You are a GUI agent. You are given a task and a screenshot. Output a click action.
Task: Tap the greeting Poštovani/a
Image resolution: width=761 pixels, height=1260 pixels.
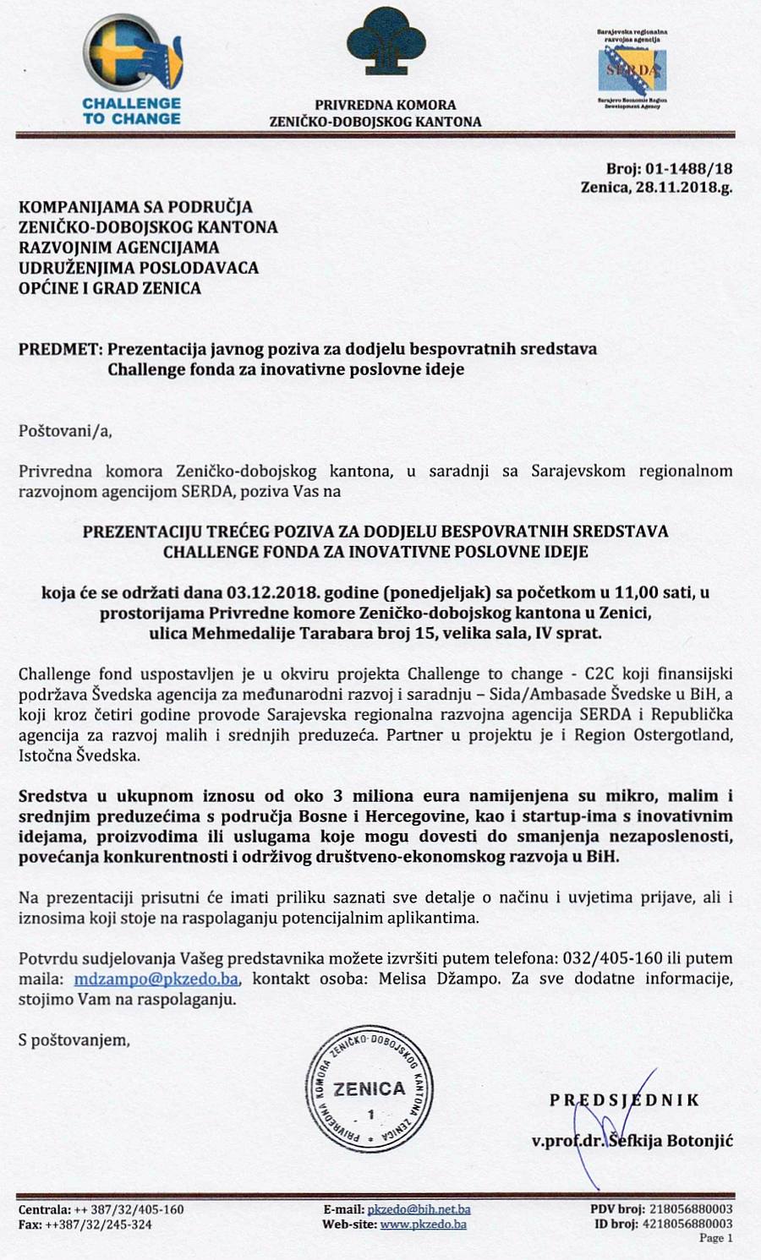click(x=65, y=431)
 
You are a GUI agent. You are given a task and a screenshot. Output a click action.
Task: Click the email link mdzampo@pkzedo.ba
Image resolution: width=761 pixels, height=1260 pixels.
click(x=156, y=979)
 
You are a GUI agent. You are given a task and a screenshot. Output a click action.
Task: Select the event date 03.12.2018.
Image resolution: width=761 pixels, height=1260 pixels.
click(x=268, y=592)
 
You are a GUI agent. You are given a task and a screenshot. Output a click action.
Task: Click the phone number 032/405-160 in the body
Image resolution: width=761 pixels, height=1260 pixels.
click(x=613, y=958)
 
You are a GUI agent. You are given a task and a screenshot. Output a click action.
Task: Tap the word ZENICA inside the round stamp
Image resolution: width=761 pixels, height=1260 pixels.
click(x=370, y=1089)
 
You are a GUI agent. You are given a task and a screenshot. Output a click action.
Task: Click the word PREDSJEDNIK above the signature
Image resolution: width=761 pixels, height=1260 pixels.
click(x=625, y=1100)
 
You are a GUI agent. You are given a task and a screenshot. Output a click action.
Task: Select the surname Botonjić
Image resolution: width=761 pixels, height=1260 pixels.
click(x=700, y=1141)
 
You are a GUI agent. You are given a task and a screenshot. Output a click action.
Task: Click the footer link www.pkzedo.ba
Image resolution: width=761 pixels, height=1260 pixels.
click(x=423, y=1225)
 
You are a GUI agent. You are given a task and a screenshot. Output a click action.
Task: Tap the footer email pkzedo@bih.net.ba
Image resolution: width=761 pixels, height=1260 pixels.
click(x=419, y=1210)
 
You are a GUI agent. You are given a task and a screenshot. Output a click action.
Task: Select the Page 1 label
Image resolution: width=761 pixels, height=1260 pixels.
click(x=715, y=1238)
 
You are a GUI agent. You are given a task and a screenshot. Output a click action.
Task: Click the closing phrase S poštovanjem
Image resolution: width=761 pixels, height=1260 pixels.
click(x=74, y=1040)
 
